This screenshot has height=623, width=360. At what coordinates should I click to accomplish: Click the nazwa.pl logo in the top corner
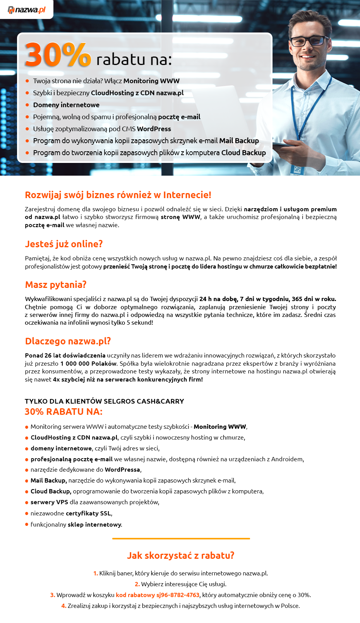(x=26, y=10)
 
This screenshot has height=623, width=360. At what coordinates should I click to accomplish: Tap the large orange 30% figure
(x=58, y=55)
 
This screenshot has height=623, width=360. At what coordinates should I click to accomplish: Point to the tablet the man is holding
(x=288, y=144)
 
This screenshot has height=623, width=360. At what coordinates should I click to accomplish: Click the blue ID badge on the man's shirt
(x=297, y=169)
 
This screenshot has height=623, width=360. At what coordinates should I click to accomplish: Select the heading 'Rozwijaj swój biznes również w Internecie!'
(x=118, y=195)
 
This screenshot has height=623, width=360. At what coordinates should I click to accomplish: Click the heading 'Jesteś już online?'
(x=64, y=244)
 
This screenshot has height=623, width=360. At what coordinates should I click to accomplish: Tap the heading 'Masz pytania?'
(x=56, y=285)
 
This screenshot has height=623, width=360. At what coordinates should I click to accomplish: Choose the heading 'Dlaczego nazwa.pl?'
(x=68, y=341)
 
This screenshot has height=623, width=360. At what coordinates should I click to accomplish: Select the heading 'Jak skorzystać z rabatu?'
(x=181, y=556)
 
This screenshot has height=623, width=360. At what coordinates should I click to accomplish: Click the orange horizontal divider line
(x=181, y=538)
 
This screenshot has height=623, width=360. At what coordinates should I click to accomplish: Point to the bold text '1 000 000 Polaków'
(x=89, y=364)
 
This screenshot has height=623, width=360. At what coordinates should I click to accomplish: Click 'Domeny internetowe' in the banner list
(x=66, y=105)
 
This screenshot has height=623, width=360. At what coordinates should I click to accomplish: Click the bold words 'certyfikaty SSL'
(x=88, y=513)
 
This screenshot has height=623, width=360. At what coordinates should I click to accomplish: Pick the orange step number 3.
(x=53, y=595)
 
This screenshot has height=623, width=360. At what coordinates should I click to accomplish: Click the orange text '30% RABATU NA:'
(x=63, y=412)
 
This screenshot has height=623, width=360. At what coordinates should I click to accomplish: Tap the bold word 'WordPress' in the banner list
(x=154, y=129)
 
